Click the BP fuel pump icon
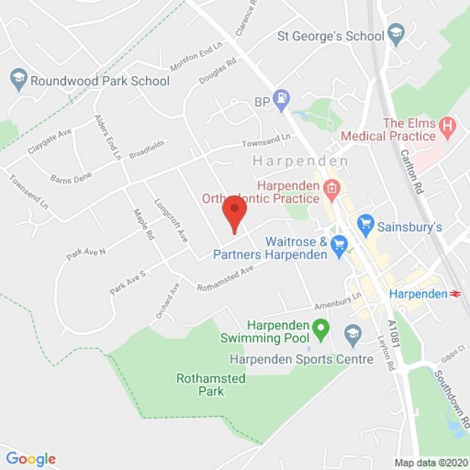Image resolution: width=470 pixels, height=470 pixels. coord(282,99)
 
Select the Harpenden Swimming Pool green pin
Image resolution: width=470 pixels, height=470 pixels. coord(321,330)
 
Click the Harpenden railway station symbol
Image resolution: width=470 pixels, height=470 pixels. coord(456,294)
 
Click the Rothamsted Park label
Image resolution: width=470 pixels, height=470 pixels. coord(211,385)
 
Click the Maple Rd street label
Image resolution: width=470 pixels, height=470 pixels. coord(144,224)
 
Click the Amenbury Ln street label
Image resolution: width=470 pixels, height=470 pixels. coord(338,301)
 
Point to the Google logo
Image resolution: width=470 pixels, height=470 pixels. coord(31,459)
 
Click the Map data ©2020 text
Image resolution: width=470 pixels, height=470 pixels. coord(431,463)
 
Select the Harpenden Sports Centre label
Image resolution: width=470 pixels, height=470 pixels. coord(301,359)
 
